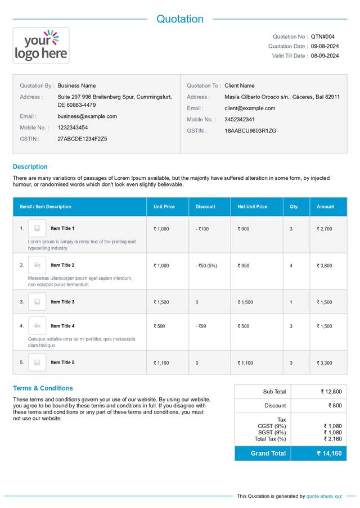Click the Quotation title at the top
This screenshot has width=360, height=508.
[180, 19]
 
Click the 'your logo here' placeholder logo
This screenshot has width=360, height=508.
[41, 46]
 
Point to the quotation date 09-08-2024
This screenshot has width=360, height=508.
[325, 46]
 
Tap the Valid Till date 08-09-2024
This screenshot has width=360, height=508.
[325, 56]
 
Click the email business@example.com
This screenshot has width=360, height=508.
[87, 116]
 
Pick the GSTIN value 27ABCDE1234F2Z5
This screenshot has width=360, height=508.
[82, 139]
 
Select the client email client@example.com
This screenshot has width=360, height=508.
[250, 108]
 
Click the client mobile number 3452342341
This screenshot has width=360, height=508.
[240, 120]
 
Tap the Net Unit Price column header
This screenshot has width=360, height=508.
[253, 207]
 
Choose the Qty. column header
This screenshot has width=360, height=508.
[294, 207]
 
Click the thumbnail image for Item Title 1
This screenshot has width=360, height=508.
[37, 228]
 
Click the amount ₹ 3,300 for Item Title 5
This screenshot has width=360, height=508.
[325, 363]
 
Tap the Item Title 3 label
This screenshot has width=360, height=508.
[62, 302]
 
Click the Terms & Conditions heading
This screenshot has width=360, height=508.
[43, 388]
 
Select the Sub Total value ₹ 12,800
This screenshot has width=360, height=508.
[331, 392]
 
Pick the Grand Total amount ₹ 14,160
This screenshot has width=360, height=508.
[329, 453]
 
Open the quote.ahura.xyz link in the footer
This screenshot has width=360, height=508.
[324, 496]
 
